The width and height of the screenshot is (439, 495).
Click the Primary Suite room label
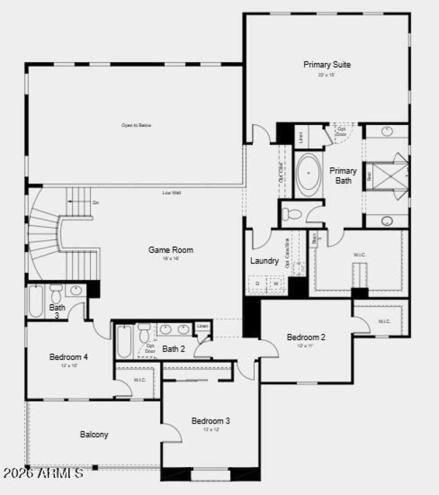point(327,65)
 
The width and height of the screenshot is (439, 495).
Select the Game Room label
point(171,250)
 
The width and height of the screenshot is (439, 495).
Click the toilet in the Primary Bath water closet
point(293,213)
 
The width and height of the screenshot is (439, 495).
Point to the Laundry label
point(264,261)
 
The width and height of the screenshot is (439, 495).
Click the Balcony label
point(94,434)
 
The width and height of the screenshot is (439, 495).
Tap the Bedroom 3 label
point(210,421)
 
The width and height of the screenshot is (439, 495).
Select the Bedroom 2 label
point(306,337)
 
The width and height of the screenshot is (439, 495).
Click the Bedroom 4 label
point(69,357)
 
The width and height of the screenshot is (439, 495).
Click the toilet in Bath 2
point(144,333)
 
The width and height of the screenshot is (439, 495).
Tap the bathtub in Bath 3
point(36,301)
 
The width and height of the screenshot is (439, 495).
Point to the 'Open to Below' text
point(136,125)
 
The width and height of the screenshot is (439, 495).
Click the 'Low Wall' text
point(172,193)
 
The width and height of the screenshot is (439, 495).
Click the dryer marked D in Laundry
point(256,284)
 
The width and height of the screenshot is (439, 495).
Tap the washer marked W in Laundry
point(276,284)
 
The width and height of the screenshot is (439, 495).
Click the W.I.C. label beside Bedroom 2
point(384,321)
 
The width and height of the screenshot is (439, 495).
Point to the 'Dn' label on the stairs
point(95,203)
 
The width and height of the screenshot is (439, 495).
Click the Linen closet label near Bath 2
point(202,327)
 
